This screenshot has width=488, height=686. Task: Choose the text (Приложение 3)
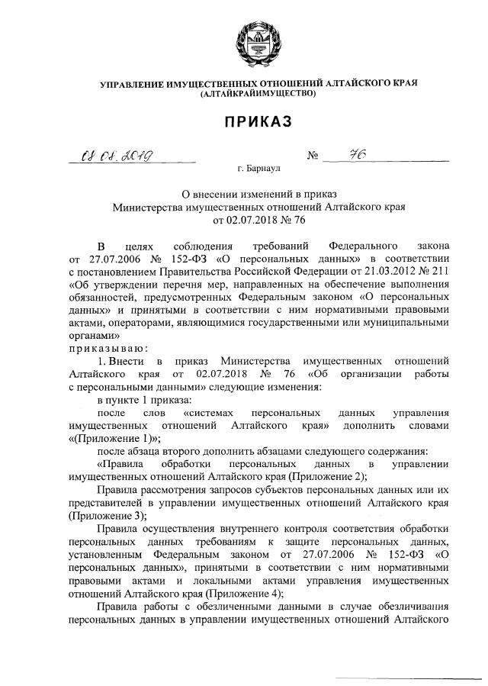pos(103,517)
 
